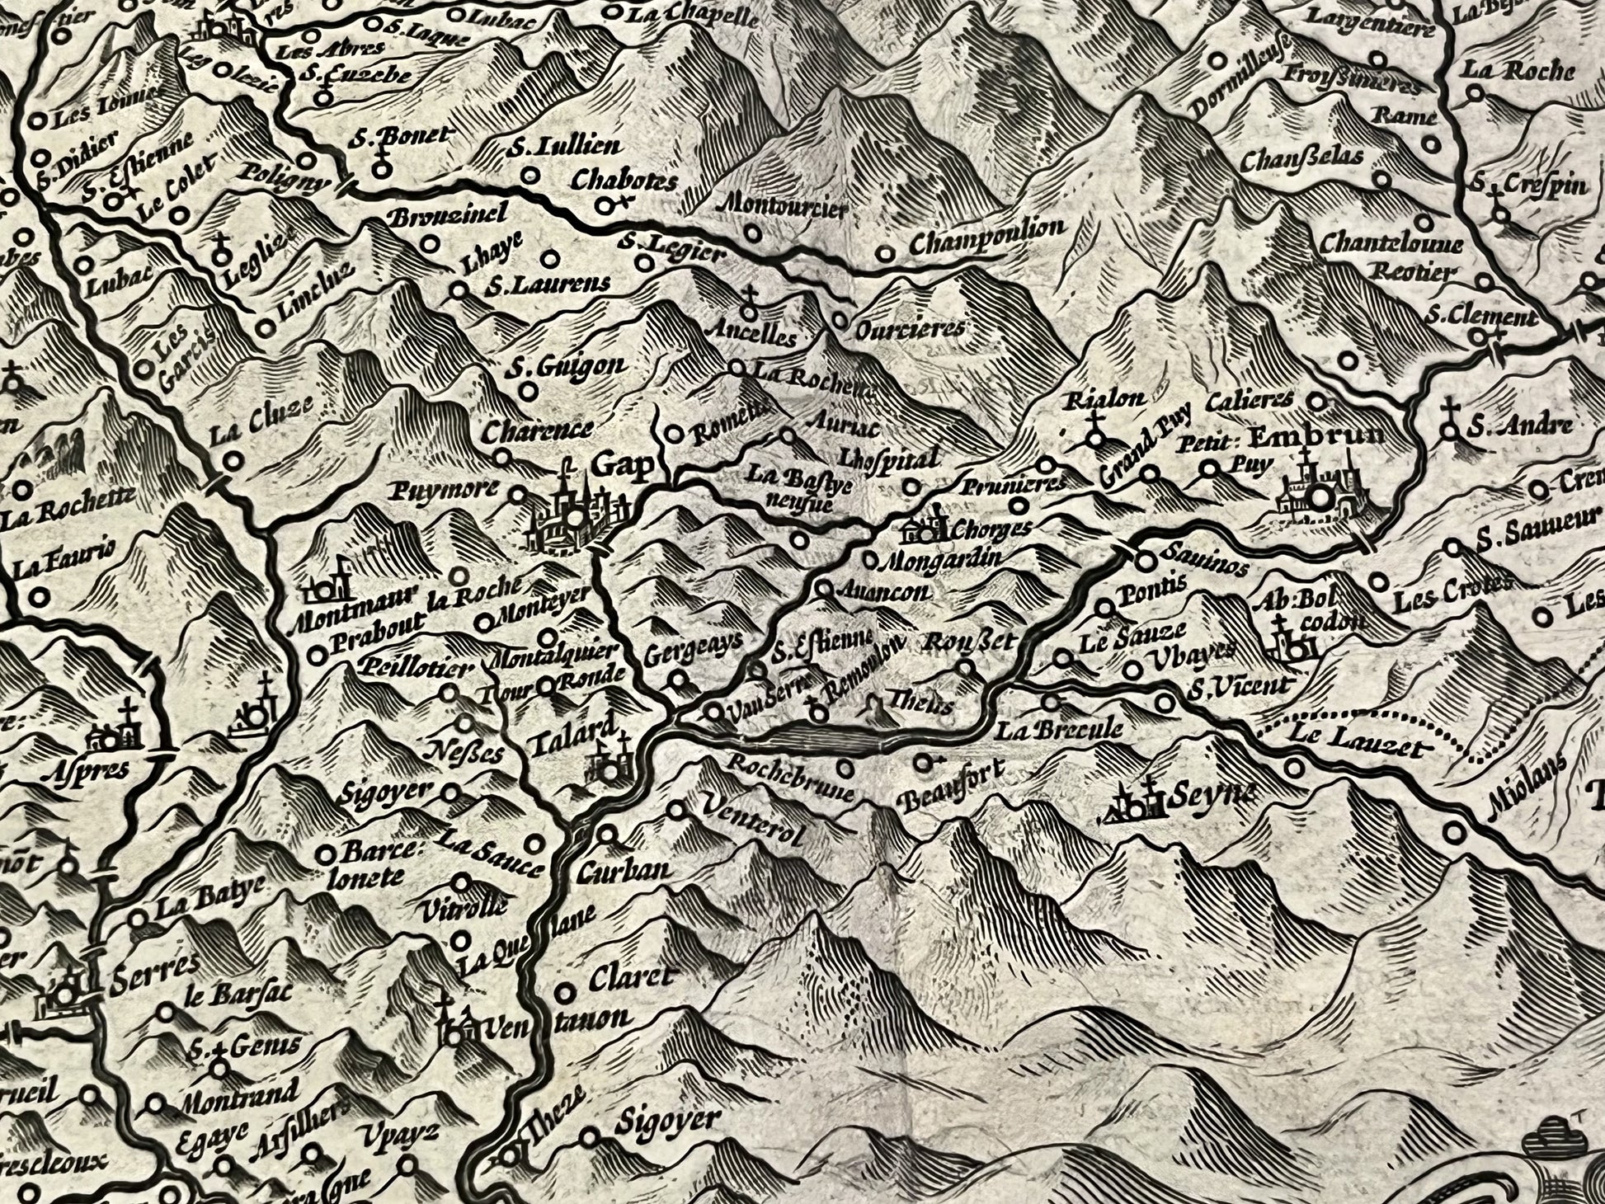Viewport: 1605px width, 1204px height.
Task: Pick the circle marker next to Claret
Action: [x=566, y=991]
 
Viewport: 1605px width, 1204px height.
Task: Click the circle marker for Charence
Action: [x=501, y=457]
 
